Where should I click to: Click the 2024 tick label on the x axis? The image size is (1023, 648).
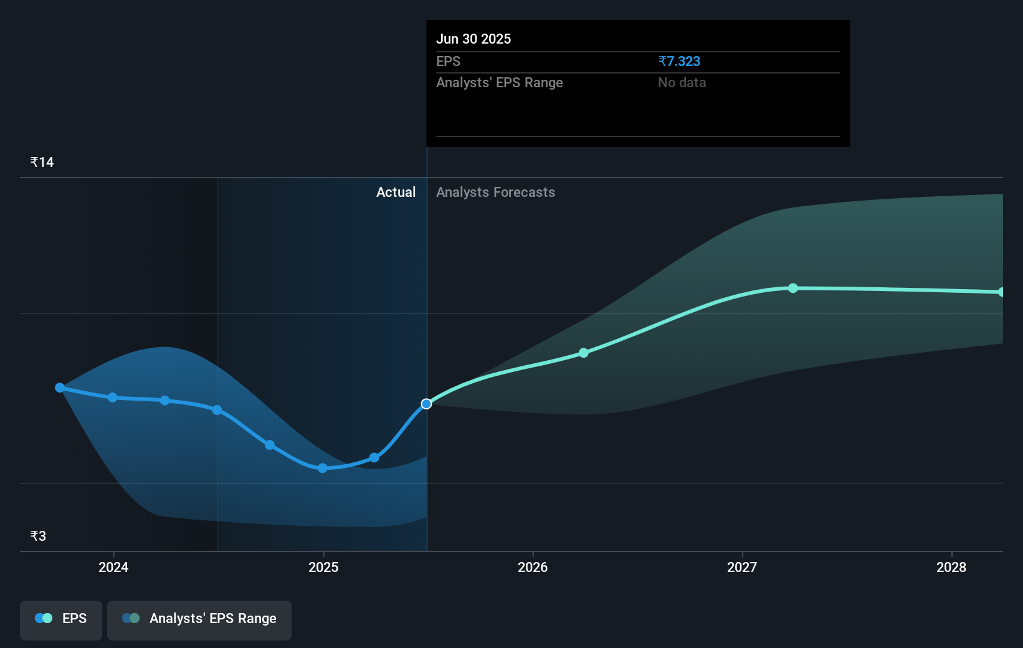point(113,567)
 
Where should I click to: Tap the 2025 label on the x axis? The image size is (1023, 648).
point(323,567)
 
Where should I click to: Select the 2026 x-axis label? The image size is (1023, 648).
point(533,567)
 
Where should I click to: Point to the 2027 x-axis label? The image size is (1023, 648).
point(742,567)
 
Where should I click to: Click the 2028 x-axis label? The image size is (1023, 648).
point(951,567)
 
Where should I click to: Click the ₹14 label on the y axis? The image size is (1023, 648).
point(42,163)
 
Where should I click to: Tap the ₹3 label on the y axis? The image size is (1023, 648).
point(38,536)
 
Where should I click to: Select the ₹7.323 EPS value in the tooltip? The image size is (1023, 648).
point(679,61)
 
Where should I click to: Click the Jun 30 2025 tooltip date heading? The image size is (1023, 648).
point(473,39)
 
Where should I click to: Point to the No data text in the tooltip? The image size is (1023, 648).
point(682,82)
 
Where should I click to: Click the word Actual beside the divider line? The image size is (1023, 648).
point(396,192)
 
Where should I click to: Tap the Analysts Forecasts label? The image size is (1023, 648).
point(495,192)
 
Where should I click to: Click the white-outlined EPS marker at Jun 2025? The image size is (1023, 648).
point(426,404)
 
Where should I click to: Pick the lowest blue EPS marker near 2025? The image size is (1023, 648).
point(323,468)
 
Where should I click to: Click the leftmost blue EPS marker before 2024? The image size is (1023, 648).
point(60,388)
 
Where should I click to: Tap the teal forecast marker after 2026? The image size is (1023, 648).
point(584,353)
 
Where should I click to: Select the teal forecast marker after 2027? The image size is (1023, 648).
point(793,288)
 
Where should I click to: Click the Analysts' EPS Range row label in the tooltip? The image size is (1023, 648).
point(499,82)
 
